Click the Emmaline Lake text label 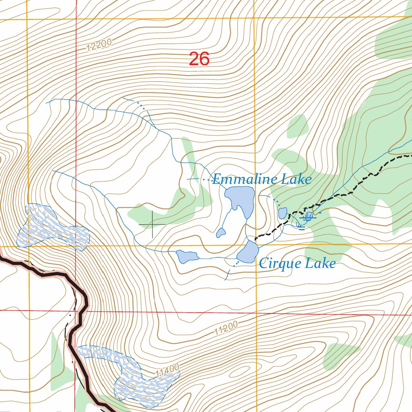[x=262, y=179]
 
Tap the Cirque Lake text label [x=297, y=264]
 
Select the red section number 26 [x=199, y=59]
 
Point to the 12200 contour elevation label [x=99, y=45]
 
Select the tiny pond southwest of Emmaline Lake [x=220, y=233]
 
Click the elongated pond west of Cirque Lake [x=187, y=256]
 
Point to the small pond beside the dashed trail [x=282, y=213]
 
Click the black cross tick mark [x=152, y=224]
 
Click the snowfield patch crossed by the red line [x=52, y=227]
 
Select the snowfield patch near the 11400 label [x=133, y=376]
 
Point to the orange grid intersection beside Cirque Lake [x=256, y=244]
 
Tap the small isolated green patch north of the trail [x=298, y=126]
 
